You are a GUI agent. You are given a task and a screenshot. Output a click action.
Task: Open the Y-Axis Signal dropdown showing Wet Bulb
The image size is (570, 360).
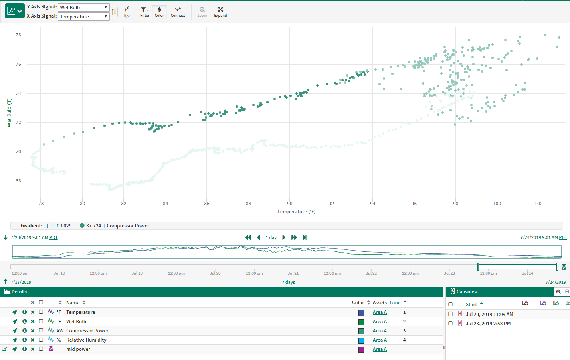pyautogui.click(x=83, y=8)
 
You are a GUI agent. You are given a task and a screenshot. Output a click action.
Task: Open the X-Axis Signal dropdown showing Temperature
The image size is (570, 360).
pyautogui.click(x=83, y=17)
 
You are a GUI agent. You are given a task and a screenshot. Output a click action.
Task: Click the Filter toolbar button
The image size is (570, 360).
pyautogui.click(x=145, y=12)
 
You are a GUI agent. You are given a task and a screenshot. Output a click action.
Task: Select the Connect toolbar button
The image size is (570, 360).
pyautogui.click(x=178, y=12)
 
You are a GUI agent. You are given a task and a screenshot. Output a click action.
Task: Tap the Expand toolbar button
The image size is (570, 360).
pyautogui.click(x=220, y=12)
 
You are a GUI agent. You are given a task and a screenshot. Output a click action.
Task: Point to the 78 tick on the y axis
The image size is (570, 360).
pyautogui.click(x=18, y=35)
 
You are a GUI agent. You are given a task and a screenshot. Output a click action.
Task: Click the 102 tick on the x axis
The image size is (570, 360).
pyautogui.click(x=538, y=204)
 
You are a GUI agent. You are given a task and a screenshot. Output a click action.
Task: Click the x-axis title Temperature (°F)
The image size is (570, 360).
pyautogui.click(x=296, y=212)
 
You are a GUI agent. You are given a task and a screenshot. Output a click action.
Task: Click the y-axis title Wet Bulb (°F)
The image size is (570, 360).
pyautogui.click(x=9, y=113)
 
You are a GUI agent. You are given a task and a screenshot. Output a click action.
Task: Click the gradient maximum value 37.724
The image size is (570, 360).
pyautogui.click(x=93, y=226)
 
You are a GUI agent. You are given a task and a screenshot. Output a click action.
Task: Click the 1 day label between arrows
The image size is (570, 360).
pyautogui.click(x=271, y=237)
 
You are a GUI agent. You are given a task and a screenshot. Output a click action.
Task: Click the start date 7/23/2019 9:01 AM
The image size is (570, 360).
pyautogui.click(x=30, y=237)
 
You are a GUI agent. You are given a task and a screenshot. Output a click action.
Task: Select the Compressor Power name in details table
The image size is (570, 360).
pyautogui.click(x=87, y=331)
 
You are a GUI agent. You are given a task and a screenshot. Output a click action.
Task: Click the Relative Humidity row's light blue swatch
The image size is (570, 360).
pyautogui.click(x=361, y=340)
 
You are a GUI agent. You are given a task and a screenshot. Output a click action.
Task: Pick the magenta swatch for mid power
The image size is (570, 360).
pyautogui.click(x=361, y=349)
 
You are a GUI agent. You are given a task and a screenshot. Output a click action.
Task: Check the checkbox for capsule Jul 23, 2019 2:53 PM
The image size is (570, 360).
pyautogui.click(x=450, y=323)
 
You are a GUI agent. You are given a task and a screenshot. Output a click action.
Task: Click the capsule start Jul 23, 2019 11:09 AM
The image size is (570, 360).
pyautogui.click(x=489, y=314)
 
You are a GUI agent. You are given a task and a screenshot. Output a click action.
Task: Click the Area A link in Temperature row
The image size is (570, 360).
pyautogui.click(x=380, y=312)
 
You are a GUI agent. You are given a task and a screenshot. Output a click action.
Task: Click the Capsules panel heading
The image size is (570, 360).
pyautogui.click(x=466, y=292)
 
